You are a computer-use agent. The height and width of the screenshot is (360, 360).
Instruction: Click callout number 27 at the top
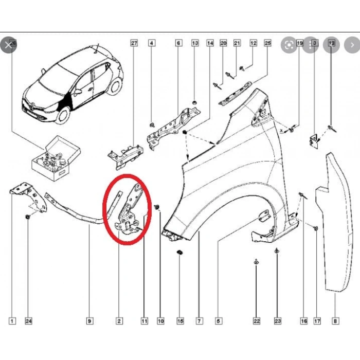[x=134, y=44]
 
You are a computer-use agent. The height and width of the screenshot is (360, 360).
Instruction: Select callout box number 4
[x=151, y=44]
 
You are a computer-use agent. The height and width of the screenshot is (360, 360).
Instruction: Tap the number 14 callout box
[x=210, y=44]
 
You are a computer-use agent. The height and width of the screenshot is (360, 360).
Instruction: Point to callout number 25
[x=267, y=44]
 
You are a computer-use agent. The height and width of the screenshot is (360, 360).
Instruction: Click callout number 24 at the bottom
[x=29, y=321]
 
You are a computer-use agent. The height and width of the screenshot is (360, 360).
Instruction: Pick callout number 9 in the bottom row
[x=89, y=321]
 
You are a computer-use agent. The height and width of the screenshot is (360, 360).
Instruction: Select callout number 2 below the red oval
[x=119, y=321]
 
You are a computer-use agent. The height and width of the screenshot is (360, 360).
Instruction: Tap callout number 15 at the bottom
[x=180, y=321]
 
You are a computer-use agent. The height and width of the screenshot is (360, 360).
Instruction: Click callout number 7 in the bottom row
[x=199, y=321]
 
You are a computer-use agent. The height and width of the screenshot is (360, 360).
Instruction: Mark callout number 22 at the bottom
[x=257, y=321]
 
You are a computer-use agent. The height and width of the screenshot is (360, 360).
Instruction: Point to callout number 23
[x=277, y=321]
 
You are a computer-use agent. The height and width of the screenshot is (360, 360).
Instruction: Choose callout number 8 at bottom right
[x=335, y=321]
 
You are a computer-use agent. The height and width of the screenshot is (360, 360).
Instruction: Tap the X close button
[x=8, y=45]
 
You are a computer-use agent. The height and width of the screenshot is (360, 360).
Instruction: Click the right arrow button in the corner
[x=352, y=45]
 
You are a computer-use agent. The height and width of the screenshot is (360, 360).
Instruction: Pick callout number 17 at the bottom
[x=317, y=321]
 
